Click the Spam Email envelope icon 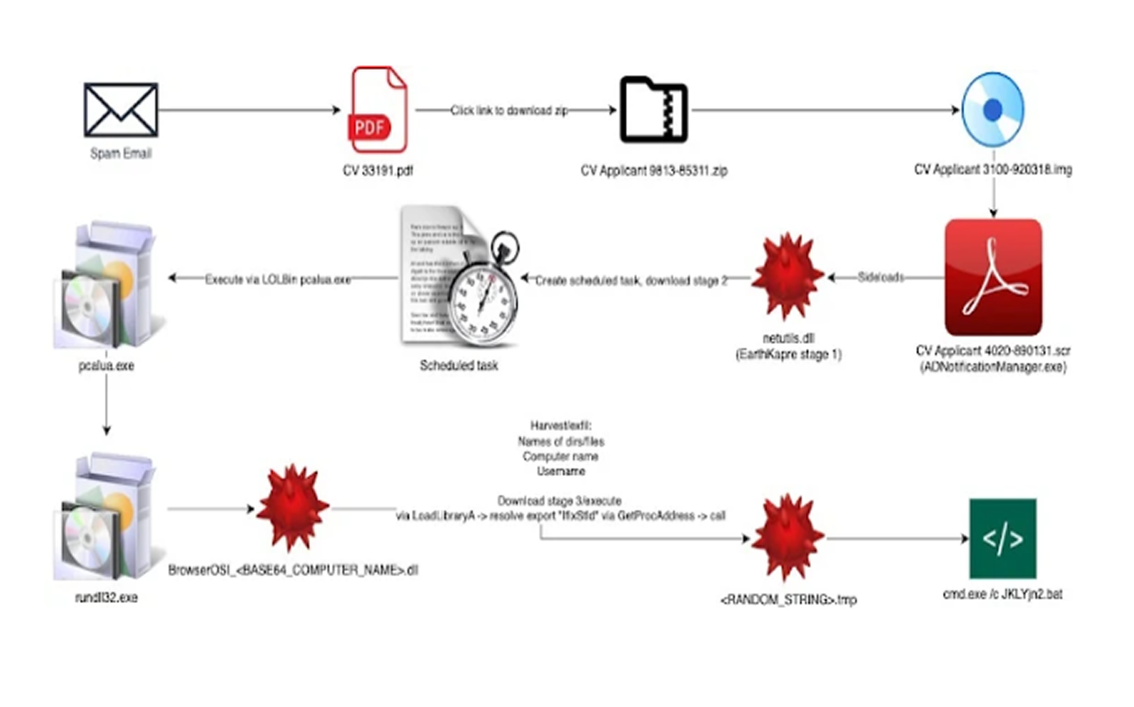[120, 110]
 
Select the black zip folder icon [653, 110]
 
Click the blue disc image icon [993, 110]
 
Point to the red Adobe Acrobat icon [993, 277]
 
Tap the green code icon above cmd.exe [1003, 538]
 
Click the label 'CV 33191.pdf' [378, 171]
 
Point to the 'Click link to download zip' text [509, 110]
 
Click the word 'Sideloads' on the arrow [881, 277]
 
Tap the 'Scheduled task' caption [459, 365]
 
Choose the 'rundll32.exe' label [106, 597]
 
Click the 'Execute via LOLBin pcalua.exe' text [277, 280]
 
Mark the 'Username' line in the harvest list [560, 471]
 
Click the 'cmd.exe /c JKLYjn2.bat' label [1003, 594]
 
